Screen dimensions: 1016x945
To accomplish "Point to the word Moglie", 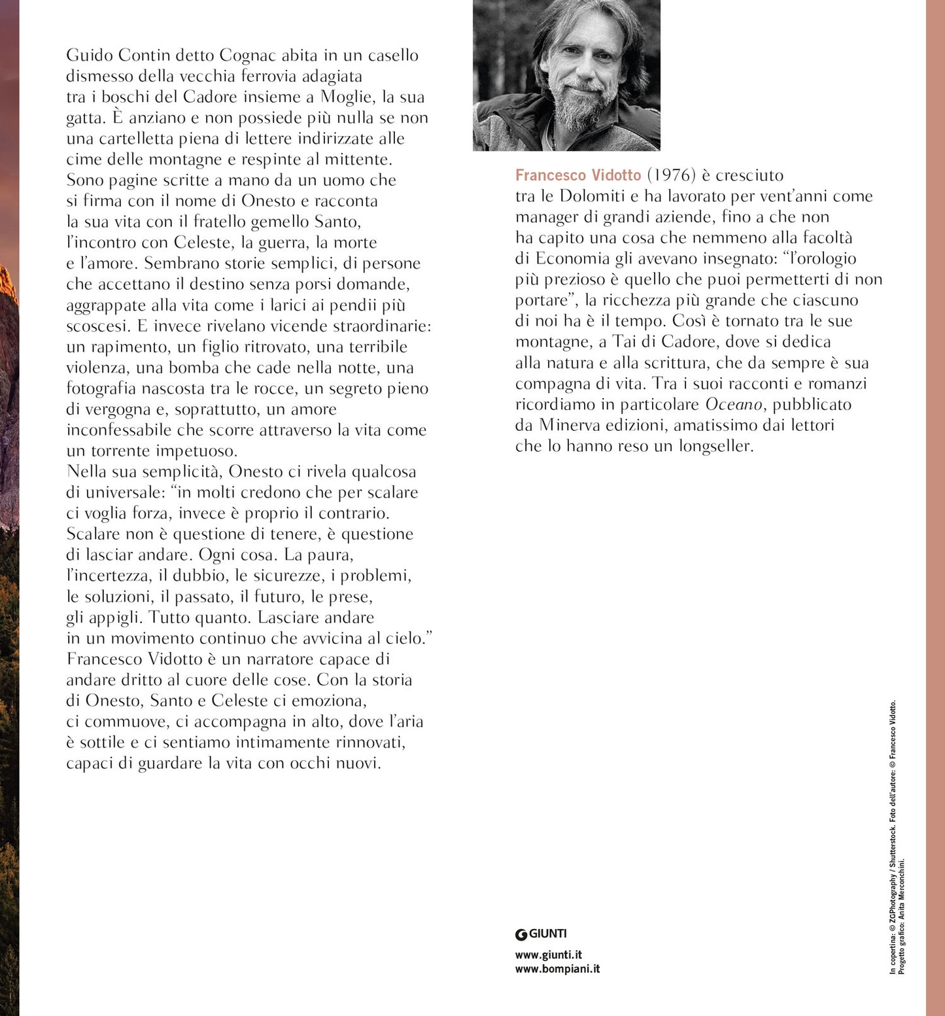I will (347, 97).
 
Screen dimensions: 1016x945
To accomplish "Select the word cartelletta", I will (136, 139).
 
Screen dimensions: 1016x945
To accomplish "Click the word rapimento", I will (127, 347).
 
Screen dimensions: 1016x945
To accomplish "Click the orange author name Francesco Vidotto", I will (578, 175).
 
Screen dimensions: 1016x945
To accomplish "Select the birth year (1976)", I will (671, 175).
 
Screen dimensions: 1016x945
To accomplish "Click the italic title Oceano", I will (734, 405).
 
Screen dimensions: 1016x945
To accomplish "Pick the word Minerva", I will (569, 426).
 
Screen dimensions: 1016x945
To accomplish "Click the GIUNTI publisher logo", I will (541, 934).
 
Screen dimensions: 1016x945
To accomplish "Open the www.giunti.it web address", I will (548, 955).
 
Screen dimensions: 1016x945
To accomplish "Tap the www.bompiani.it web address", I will (557, 969).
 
